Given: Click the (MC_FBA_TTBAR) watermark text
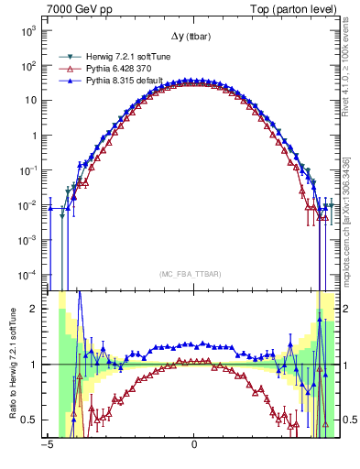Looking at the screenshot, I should point(193,273).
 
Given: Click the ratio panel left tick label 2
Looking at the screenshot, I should point(34,309).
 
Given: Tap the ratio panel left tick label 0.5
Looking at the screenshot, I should point(30,420).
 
